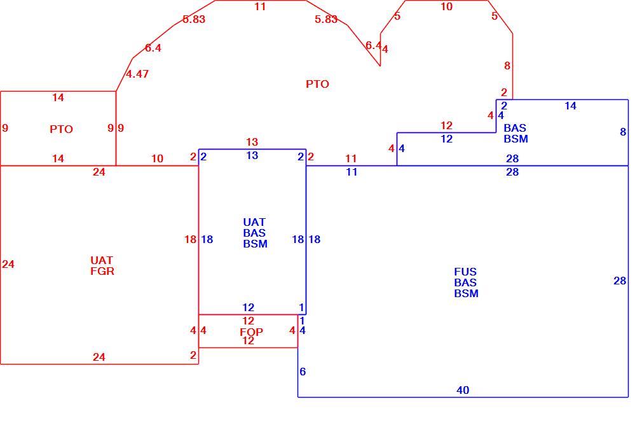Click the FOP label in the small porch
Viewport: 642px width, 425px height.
coord(251,331)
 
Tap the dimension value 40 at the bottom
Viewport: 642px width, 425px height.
coord(463,390)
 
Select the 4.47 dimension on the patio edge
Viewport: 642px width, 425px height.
coord(137,74)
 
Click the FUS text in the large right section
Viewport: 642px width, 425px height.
coord(465,272)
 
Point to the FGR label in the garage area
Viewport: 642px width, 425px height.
coord(102,271)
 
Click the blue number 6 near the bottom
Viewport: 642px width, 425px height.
coord(303,372)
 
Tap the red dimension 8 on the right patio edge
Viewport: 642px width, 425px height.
coord(507,66)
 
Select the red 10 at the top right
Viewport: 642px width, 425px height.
coord(446,6)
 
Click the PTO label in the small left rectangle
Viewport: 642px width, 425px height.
coord(61,130)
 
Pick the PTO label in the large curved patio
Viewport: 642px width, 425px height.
coord(317,84)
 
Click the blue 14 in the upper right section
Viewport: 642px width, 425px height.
coord(570,106)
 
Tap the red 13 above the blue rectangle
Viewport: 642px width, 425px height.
coord(252,143)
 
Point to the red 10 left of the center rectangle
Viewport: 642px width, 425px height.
coord(157,158)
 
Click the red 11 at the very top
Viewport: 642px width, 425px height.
coord(260,6)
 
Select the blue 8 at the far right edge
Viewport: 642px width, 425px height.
coord(623,132)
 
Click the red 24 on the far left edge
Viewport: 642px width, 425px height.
coord(8,264)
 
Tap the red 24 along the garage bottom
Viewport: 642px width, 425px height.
coord(99,358)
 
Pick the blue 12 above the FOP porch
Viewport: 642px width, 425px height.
coord(248,307)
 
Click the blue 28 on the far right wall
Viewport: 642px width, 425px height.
coord(620,281)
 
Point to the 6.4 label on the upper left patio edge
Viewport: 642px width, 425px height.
coord(153,48)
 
